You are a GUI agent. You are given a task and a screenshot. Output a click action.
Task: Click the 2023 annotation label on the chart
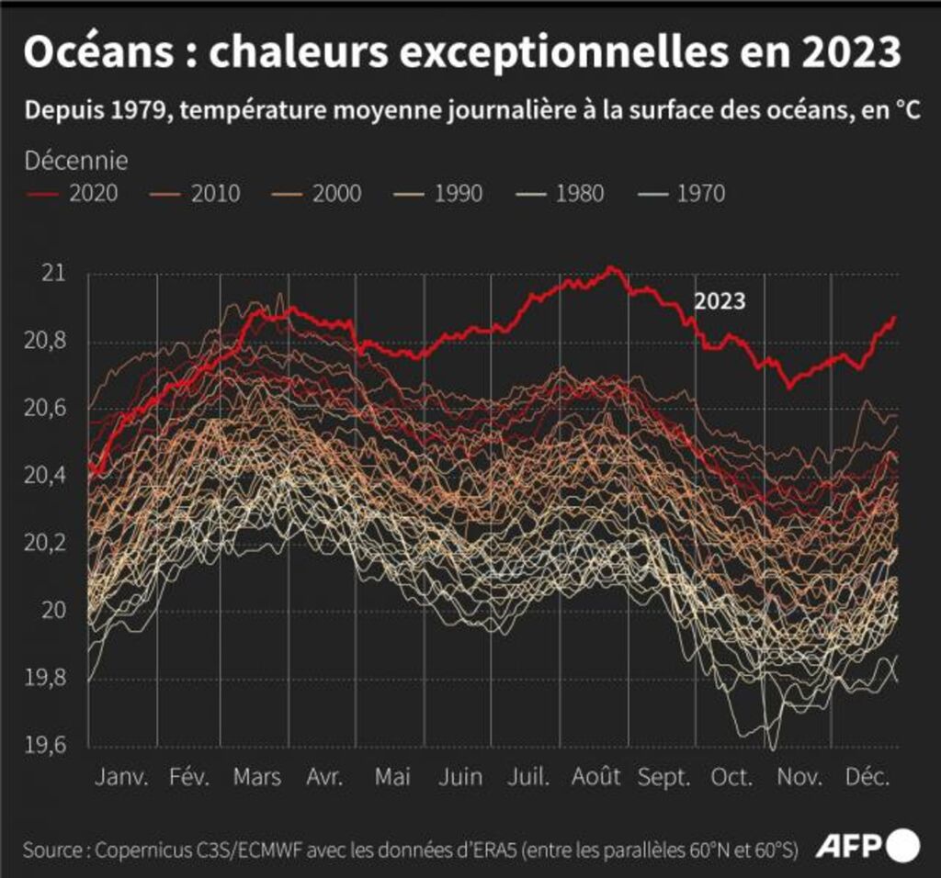719,301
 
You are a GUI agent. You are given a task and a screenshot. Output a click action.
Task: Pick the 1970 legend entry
700,194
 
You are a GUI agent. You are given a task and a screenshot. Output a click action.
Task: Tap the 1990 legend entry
459,194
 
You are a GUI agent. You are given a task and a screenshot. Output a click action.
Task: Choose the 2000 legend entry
337,194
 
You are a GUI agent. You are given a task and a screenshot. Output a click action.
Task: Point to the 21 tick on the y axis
54,274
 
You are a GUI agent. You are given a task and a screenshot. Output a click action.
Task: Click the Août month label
595,777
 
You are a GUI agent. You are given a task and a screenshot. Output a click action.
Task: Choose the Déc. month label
867,777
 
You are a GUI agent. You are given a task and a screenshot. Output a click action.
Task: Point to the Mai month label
392,777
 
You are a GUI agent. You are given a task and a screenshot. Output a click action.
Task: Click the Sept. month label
664,777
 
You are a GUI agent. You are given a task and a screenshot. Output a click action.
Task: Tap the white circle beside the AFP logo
903,844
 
